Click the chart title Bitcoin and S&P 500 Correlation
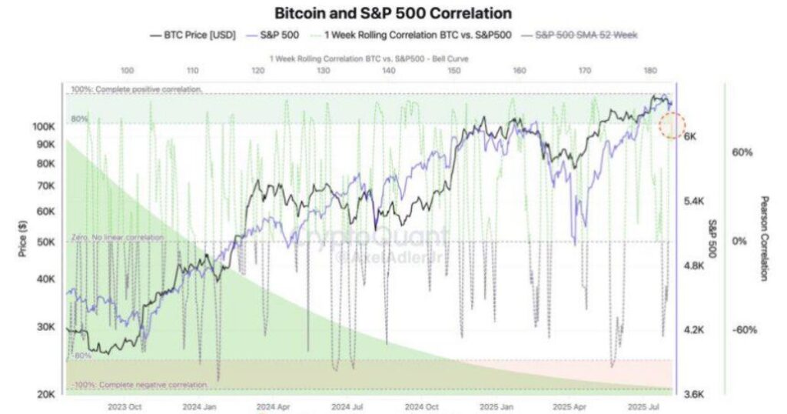[x=393, y=13]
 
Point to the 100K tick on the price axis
[x=45, y=126]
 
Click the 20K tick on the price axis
[x=47, y=395]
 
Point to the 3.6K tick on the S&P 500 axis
[x=694, y=395]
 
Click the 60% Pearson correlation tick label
[x=742, y=152]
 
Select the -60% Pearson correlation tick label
[x=744, y=330]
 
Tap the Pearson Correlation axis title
[x=764, y=238]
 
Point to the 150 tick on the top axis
[x=454, y=71]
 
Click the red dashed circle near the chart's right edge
[x=673, y=125]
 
